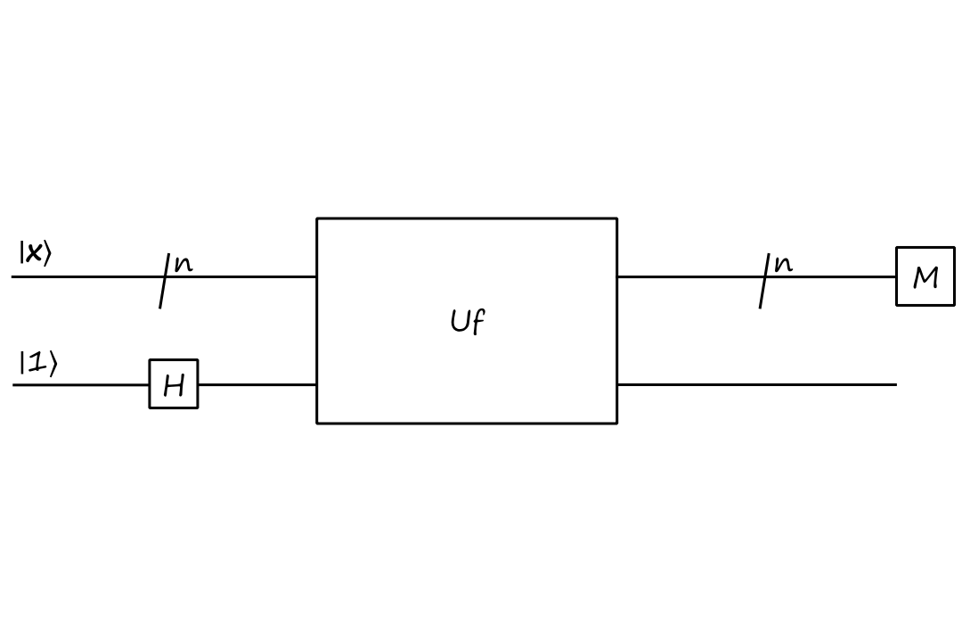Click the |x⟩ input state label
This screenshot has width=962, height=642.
coord(35,254)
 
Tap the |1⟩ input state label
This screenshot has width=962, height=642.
coord(37,364)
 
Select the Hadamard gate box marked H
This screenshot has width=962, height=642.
coord(174,384)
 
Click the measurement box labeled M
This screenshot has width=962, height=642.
coord(925,277)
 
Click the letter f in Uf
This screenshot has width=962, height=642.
coord(477,323)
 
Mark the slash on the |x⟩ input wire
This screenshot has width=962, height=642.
coord(164,280)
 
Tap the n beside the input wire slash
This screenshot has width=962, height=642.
coord(183,264)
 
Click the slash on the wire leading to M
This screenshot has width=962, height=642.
coord(763,280)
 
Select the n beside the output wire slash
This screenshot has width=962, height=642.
coord(783,264)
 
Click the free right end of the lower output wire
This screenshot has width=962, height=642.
coord(894,384)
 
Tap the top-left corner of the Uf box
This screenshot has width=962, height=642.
coord(317,218)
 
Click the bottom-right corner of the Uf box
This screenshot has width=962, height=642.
coord(616,423)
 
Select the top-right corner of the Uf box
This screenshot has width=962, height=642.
coord(616,218)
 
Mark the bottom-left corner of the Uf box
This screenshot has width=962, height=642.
coord(317,423)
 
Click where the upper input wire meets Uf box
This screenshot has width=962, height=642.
coord(317,276)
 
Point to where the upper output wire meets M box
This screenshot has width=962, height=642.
coord(896,276)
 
